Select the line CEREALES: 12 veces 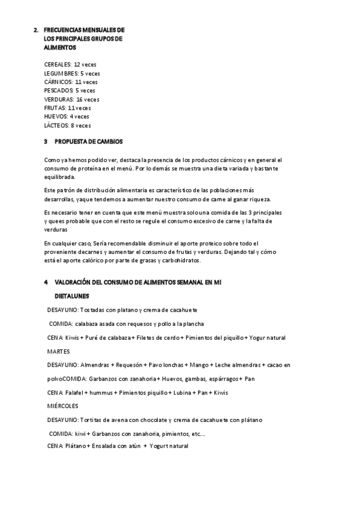coord(70,64)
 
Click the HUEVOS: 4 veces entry coord(67,116)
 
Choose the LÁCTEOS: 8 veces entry coord(68,125)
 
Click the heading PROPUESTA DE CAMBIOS coord(88,142)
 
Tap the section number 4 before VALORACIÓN coord(46,282)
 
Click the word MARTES coord(59,351)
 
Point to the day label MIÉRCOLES coord(63,406)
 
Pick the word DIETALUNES coord(72,295)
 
